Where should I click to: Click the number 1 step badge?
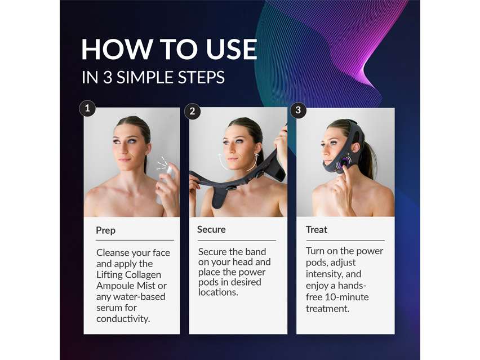87,108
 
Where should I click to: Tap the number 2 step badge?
192,111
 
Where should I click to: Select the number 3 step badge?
298,110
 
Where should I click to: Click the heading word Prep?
105,230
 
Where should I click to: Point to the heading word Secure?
211,230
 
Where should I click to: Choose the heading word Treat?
317,230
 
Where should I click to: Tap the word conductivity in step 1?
123,319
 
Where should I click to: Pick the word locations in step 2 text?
218,292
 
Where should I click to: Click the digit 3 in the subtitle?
108,77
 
